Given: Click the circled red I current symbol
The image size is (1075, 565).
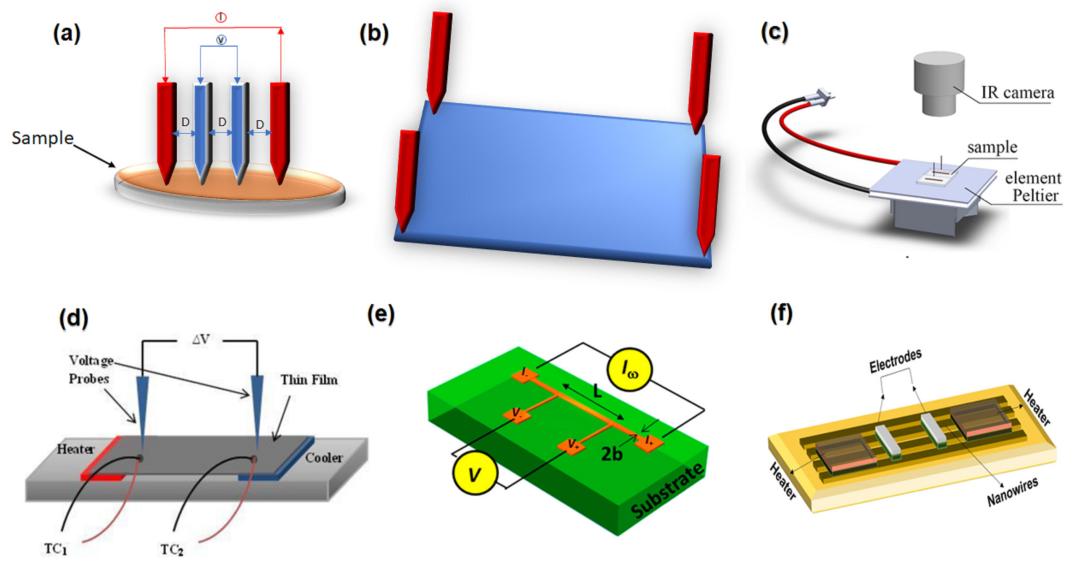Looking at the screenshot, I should click(x=221, y=18).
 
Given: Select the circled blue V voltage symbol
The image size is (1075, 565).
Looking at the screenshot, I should click(x=221, y=40).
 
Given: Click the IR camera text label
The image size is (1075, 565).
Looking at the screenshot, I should click(x=1017, y=93).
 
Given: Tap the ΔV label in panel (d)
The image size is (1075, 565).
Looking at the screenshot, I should click(x=201, y=340).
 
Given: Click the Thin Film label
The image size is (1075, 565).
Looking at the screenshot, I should click(x=309, y=380).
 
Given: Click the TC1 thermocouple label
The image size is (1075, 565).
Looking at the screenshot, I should click(x=55, y=549).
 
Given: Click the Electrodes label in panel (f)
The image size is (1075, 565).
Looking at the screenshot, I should click(x=895, y=361).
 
